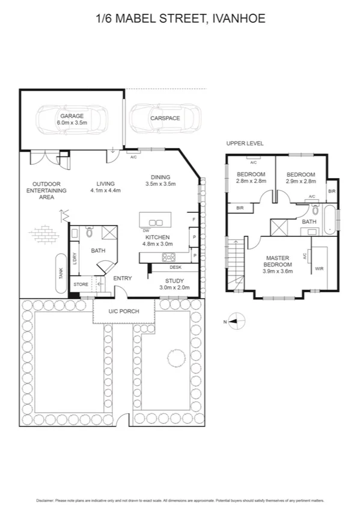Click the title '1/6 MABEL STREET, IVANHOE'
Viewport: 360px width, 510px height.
pyautogui.click(x=180, y=19)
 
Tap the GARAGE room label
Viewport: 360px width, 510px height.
pyautogui.click(x=72, y=116)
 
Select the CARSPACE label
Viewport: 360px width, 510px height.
pyautogui.click(x=165, y=118)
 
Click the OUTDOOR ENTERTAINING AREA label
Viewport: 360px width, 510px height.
pyautogui.click(x=49, y=190)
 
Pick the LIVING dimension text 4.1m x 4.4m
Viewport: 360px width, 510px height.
pyautogui.click(x=106, y=191)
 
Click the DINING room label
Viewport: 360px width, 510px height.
pyautogui.click(x=160, y=177)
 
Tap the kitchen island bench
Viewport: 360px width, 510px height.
pyautogui.click(x=156, y=218)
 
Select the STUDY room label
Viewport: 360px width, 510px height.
pyautogui.click(x=175, y=280)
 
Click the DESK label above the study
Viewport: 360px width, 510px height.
pyautogui.click(x=175, y=267)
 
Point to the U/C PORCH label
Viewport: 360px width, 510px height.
pyautogui.click(x=123, y=312)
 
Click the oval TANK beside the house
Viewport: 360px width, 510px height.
pyautogui.click(x=61, y=272)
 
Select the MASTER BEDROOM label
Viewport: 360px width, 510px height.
pyautogui.click(x=279, y=261)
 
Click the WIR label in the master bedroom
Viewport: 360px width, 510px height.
pyautogui.click(x=319, y=268)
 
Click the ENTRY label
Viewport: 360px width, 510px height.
pyautogui.click(x=123, y=278)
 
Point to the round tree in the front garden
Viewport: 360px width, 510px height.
pyautogui.click(x=175, y=359)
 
